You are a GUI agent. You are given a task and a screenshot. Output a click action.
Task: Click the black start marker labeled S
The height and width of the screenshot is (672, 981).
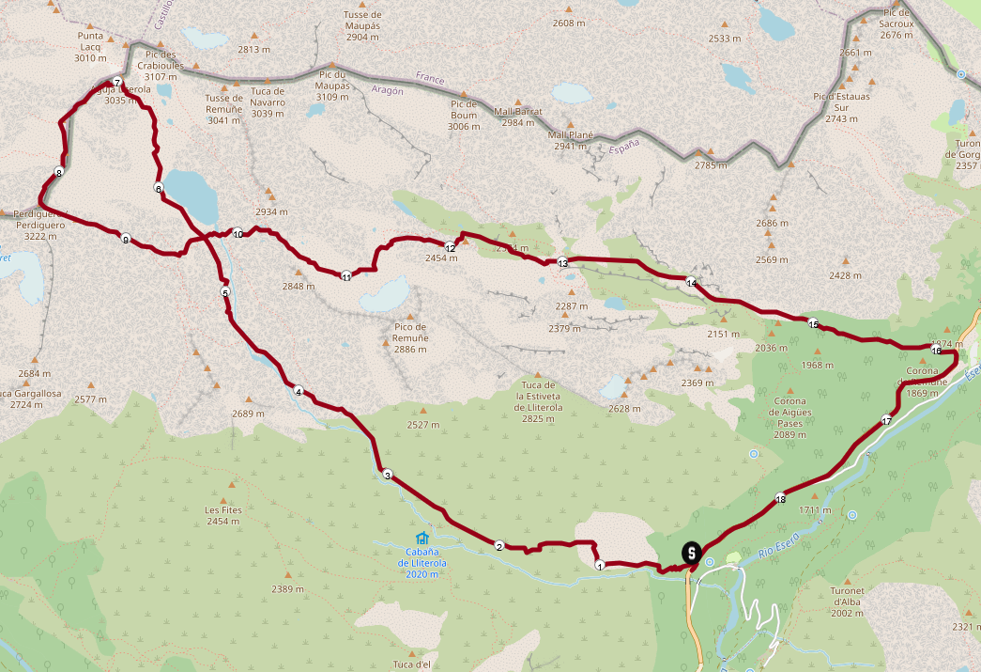[x=692, y=552]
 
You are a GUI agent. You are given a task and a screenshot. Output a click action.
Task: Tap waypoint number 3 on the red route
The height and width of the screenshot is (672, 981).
[x=388, y=475]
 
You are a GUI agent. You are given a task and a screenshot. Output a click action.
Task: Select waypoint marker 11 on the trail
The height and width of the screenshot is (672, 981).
[x=346, y=276]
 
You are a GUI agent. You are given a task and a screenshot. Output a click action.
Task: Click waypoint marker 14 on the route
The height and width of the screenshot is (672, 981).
[x=691, y=283]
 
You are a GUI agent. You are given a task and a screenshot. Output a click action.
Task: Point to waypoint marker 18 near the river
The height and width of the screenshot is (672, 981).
[x=781, y=498]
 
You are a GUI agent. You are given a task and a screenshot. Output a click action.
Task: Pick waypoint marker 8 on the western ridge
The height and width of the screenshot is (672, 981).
[x=59, y=172]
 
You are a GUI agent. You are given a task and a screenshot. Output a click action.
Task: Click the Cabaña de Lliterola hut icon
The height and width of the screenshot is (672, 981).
[x=422, y=539]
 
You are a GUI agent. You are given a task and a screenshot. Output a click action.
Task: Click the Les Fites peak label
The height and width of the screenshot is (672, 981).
[x=224, y=515]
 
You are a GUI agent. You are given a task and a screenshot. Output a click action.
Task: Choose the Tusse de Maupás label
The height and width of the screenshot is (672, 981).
[x=362, y=20]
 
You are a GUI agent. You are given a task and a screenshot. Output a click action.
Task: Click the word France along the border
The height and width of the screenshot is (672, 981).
[x=430, y=79]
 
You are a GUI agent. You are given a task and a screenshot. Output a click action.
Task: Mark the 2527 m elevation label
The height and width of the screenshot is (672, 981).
[x=423, y=425]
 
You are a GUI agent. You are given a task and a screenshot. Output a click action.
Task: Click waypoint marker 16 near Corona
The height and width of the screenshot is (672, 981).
[x=936, y=351]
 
